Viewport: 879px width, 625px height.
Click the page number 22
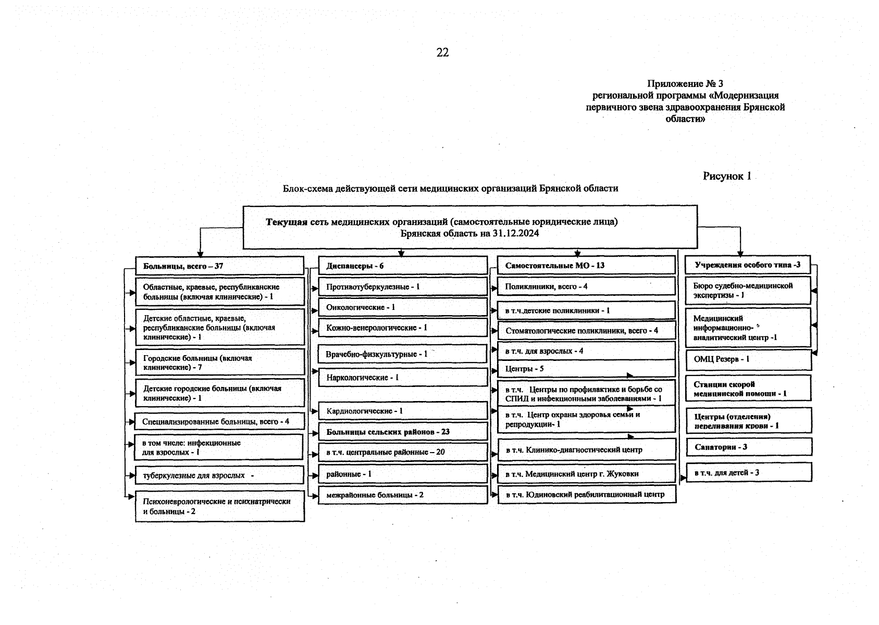click(442, 53)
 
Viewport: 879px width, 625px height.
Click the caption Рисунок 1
click(727, 176)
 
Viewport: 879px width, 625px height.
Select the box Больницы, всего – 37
click(219, 266)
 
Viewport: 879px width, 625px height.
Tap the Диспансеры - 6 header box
click(403, 266)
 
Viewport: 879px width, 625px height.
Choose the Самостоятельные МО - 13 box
click(586, 265)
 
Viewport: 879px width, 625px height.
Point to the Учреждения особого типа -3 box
click(748, 265)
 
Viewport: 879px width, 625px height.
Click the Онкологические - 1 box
click(403, 307)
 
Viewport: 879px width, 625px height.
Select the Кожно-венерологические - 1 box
click(403, 328)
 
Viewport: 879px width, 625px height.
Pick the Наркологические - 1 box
click(403, 377)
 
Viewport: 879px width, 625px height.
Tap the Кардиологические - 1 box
click(403, 411)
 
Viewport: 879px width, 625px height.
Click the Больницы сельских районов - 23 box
click(403, 432)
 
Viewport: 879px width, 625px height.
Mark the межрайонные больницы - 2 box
click(403, 495)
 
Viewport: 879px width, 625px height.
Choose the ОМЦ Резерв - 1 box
click(748, 359)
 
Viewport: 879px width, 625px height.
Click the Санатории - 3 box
click(748, 447)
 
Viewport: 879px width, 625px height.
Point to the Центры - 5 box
click(586, 369)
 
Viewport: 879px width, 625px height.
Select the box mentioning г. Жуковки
click(586, 474)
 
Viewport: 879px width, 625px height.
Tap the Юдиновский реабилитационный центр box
click(586, 494)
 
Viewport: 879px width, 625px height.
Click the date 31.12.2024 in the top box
click(515, 233)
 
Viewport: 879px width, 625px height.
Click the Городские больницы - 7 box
click(219, 362)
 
